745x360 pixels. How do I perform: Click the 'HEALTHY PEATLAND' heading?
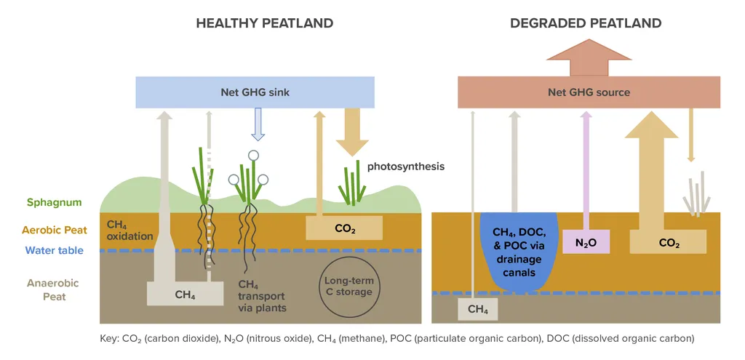click(x=264, y=23)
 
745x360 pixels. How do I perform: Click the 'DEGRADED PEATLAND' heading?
click(x=586, y=23)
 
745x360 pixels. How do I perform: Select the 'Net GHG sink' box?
click(x=255, y=92)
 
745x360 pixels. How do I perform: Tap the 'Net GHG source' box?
click(x=589, y=92)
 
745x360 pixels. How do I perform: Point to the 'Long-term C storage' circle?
click(x=348, y=286)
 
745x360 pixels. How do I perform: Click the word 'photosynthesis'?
click(x=405, y=167)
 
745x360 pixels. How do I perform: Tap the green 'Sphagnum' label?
click(x=55, y=203)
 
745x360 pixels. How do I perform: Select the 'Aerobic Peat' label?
click(x=54, y=230)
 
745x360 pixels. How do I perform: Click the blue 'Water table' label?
click(x=55, y=251)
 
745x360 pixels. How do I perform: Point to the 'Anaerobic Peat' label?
click(x=53, y=289)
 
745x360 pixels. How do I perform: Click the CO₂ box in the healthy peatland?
click(x=344, y=228)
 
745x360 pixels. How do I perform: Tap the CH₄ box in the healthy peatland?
click(x=184, y=295)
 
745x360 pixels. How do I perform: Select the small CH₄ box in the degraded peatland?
click(x=477, y=309)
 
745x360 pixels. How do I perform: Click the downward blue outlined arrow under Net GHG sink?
click(x=257, y=124)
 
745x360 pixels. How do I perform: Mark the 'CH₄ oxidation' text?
click(x=130, y=230)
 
